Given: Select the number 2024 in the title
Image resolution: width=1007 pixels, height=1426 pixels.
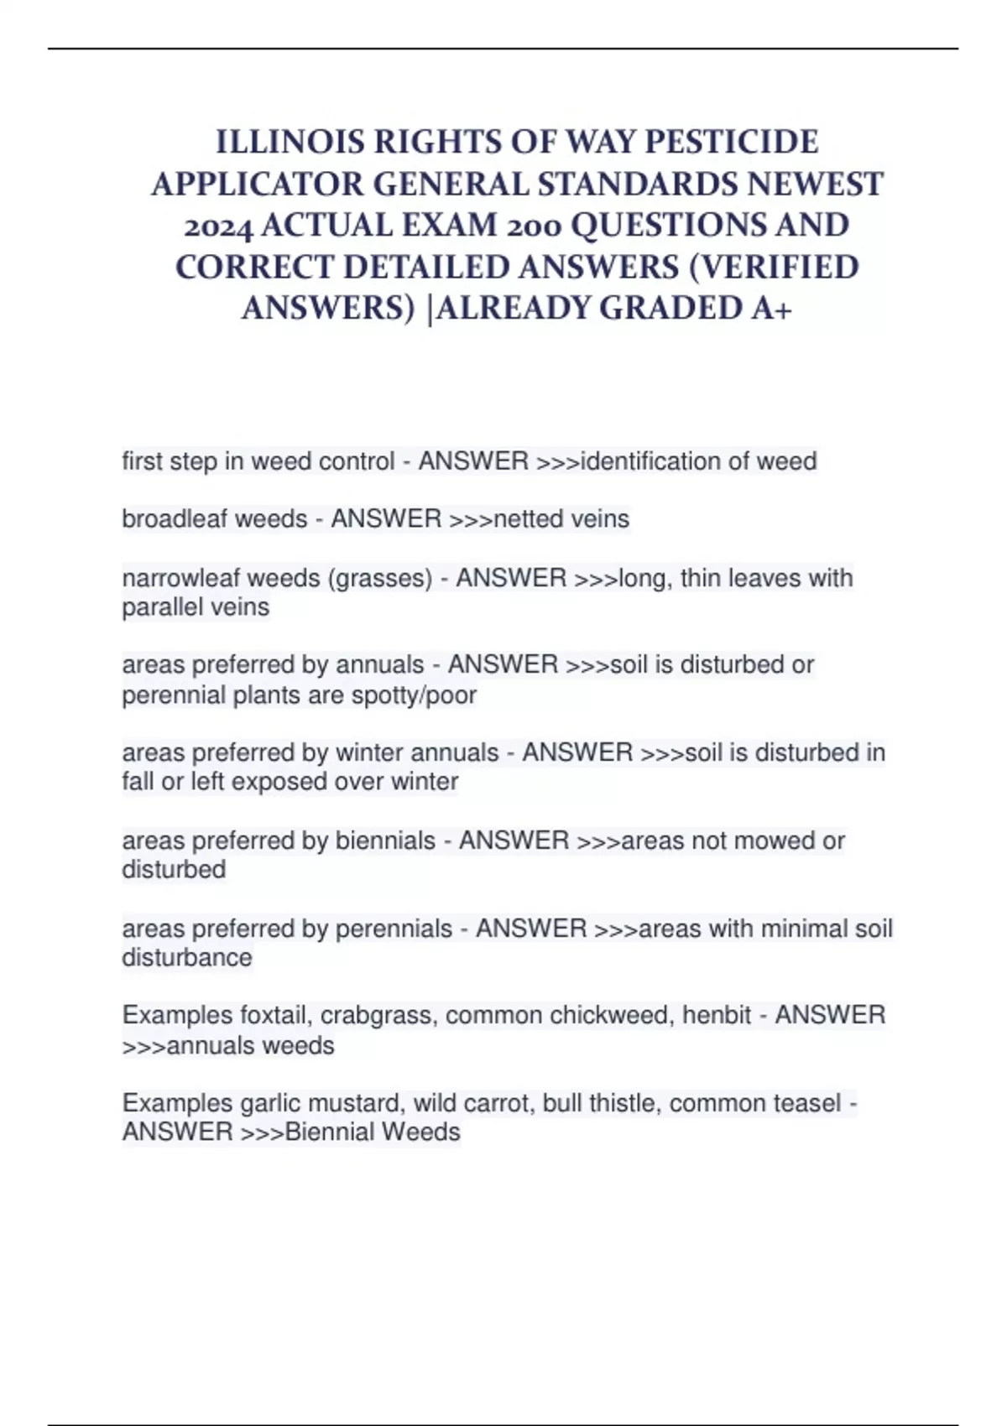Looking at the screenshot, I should point(218,225).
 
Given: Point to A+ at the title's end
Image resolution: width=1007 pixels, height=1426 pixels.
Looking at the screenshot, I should point(771,308).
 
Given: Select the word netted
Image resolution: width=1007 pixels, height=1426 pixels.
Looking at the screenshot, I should point(528,519).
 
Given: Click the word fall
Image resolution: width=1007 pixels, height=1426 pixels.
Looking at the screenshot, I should point(138,782).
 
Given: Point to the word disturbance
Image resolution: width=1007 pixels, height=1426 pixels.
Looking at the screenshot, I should point(186,958).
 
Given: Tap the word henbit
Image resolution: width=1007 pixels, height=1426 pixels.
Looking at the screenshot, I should point(717,1016).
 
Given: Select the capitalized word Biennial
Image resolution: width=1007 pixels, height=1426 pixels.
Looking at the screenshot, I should point(329,1132).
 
